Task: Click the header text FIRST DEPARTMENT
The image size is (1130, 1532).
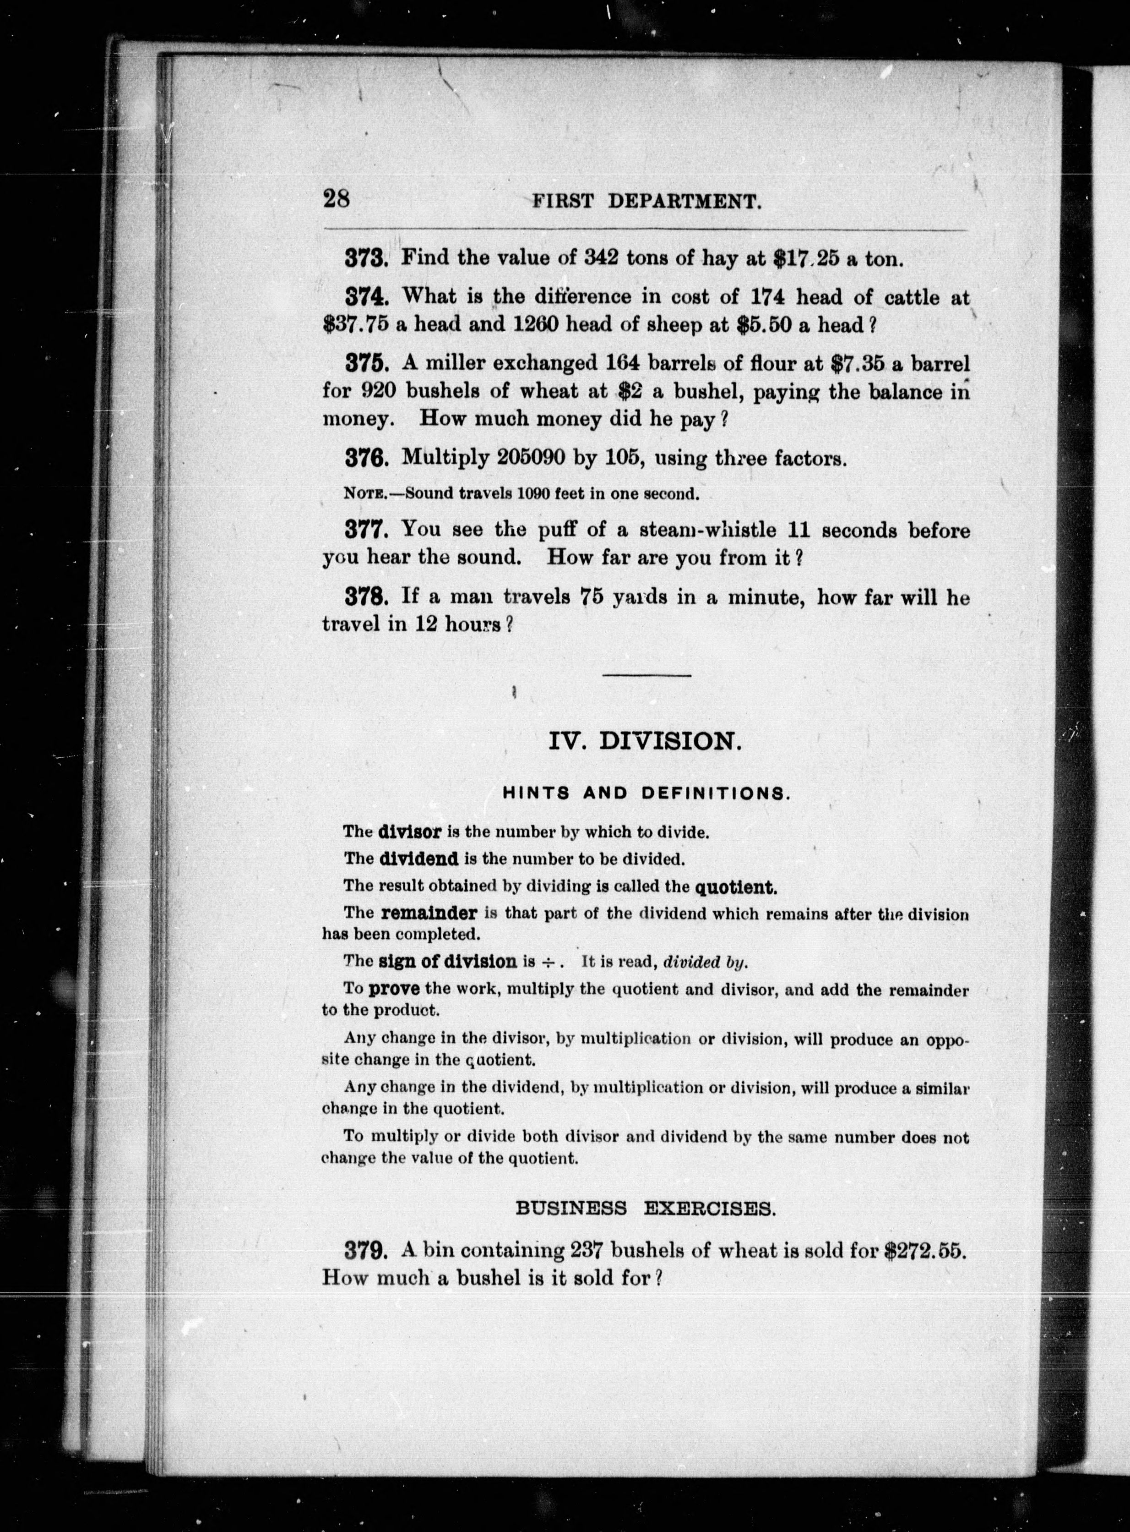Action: click(646, 201)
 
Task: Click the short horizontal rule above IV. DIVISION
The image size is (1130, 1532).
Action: click(646, 676)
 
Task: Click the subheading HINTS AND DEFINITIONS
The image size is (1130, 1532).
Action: click(646, 793)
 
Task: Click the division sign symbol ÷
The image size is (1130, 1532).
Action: click(547, 962)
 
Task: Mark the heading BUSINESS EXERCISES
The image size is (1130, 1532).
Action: click(645, 1209)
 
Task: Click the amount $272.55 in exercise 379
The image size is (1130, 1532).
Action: click(925, 1251)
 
